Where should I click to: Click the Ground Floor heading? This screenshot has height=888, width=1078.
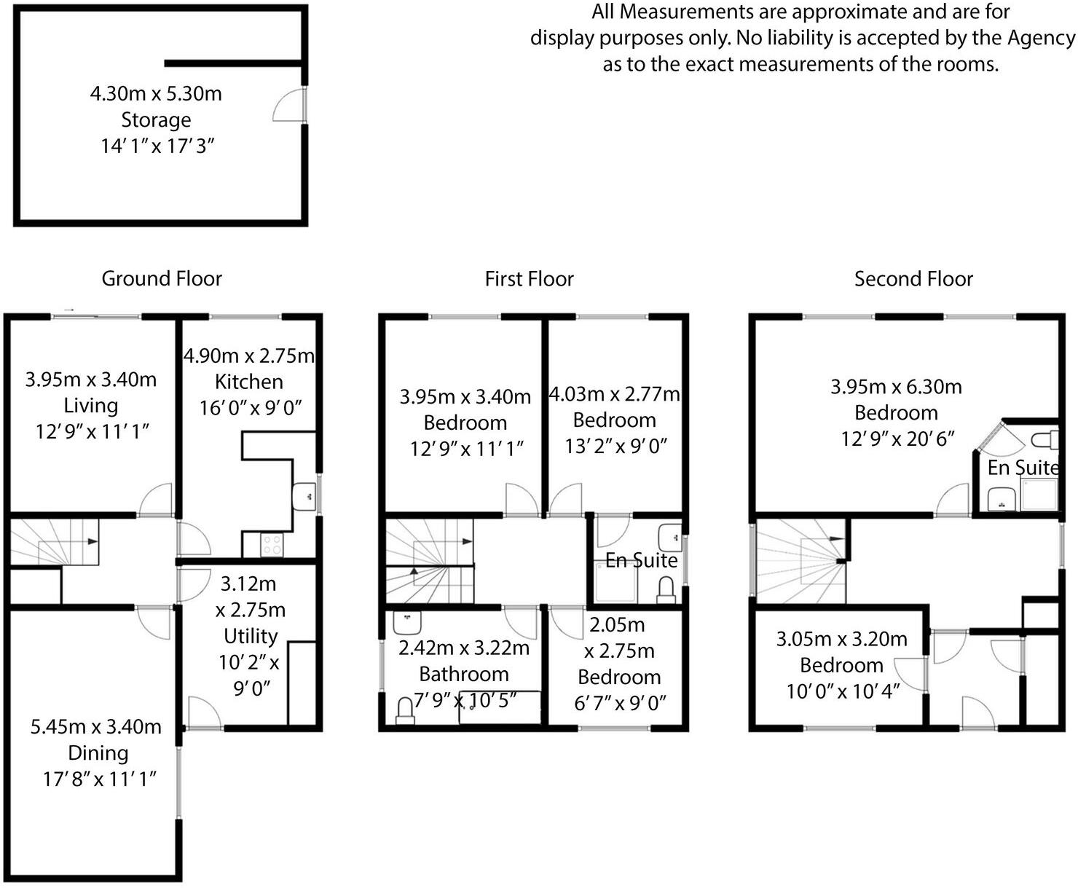point(162,278)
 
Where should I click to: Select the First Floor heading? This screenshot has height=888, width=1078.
point(530,279)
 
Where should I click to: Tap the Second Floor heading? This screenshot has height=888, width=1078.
point(913,279)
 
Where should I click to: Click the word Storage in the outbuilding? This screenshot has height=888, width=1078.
point(156,119)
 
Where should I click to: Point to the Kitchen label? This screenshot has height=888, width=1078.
point(249,382)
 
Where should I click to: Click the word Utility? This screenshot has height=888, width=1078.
point(251,636)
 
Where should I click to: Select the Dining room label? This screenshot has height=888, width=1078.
point(98,753)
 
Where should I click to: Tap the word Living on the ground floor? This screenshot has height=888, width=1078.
point(91,405)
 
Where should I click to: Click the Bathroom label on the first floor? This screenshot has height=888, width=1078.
point(464,674)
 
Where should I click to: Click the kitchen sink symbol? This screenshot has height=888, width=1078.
point(304,496)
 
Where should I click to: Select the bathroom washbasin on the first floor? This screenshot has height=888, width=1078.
point(407,623)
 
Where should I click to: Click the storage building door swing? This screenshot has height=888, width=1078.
point(290,106)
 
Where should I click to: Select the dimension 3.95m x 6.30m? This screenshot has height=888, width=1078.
point(896,387)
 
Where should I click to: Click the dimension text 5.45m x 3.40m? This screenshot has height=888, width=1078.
point(96,726)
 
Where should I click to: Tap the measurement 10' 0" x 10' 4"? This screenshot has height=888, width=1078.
point(843,691)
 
